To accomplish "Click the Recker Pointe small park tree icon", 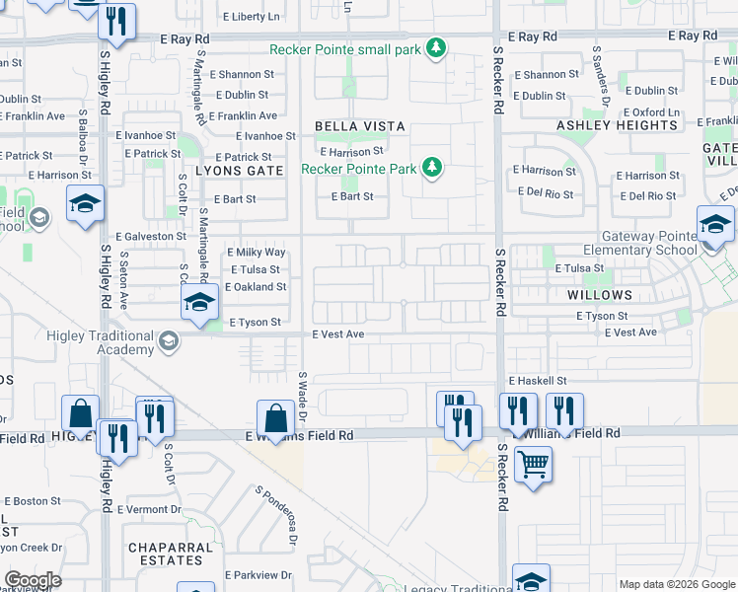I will pos(435,48).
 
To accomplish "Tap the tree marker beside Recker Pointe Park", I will pos(431,169).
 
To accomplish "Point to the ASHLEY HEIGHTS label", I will pos(604,125).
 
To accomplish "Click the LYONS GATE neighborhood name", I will pos(239,170).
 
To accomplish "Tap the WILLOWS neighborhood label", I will pos(600,295).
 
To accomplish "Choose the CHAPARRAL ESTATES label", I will pos(170,554).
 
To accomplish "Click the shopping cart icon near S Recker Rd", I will pos(533,462).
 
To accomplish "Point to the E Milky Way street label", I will pos(256,253).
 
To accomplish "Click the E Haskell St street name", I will pos(538,380).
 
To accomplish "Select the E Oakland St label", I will pos(256,287).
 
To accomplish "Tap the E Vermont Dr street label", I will pos(149,509).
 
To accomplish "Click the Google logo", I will pos(34,580).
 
